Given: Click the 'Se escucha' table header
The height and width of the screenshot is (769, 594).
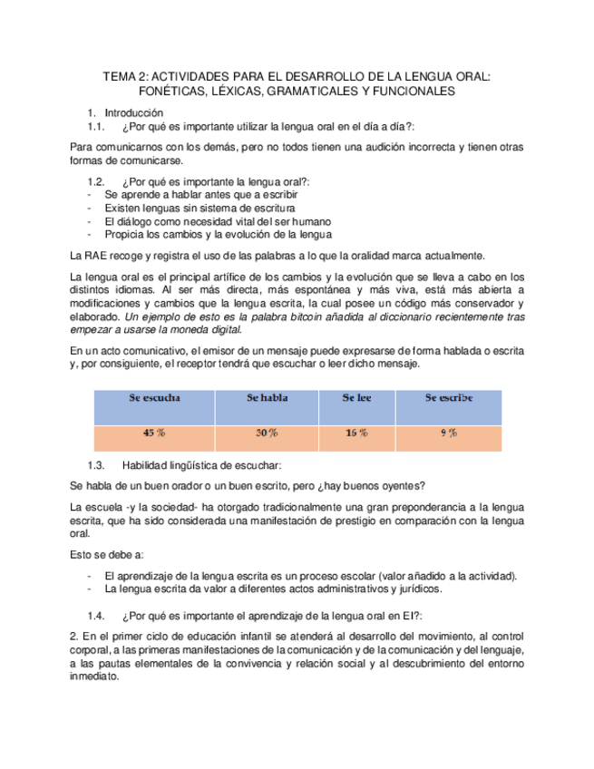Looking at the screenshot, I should [x=154, y=397].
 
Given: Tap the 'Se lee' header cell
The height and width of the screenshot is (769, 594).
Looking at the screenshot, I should [x=356, y=397].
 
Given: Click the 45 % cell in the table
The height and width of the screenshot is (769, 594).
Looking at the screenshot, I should [x=154, y=433].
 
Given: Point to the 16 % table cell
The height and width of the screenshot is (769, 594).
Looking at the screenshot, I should [x=356, y=433].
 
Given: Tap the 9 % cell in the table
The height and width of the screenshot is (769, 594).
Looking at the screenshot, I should [x=448, y=433].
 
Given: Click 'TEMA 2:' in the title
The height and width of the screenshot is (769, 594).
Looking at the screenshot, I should [x=123, y=77].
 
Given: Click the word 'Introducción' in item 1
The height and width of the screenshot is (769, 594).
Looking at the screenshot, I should [x=134, y=112].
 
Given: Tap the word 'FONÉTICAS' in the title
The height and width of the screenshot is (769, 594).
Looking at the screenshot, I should [x=172, y=92].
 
